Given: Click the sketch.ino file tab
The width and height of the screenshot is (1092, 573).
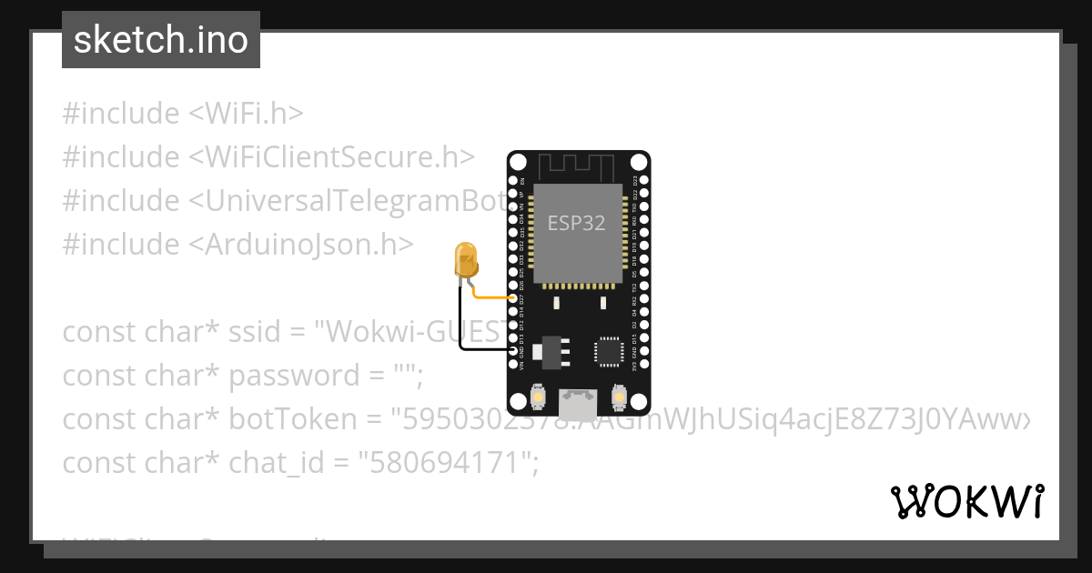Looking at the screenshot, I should [x=160, y=40].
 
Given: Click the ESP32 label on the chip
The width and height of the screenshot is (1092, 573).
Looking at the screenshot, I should [x=576, y=223].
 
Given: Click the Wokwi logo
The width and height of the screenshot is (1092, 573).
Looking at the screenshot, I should [x=966, y=501].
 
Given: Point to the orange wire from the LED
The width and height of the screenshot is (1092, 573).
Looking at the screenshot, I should [x=491, y=297].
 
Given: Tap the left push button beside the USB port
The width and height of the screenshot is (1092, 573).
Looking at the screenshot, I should [x=537, y=397].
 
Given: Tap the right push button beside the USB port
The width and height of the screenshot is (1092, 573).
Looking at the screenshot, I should [x=619, y=397].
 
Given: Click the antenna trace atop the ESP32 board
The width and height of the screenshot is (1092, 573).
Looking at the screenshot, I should [x=578, y=166].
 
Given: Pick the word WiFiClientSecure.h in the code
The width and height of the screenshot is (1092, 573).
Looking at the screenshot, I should [x=331, y=157].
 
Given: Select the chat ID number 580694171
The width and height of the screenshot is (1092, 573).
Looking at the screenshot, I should [x=445, y=463].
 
